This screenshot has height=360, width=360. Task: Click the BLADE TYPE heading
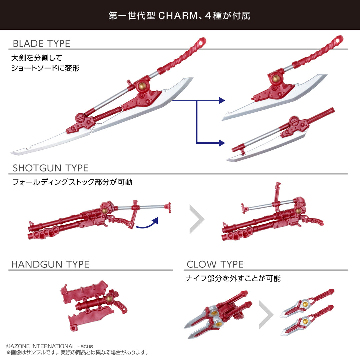click(x=41, y=44)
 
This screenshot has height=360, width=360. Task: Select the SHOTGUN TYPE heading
click(x=50, y=168)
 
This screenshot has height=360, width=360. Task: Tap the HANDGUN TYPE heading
click(x=50, y=264)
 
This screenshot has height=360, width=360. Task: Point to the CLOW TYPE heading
click(x=215, y=264)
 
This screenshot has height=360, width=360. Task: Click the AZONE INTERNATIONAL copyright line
click(x=49, y=346)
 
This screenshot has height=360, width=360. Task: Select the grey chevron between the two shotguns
click(x=196, y=219)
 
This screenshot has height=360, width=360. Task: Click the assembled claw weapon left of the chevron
click(x=218, y=314)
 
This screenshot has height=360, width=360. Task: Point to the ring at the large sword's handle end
click(x=201, y=42)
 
